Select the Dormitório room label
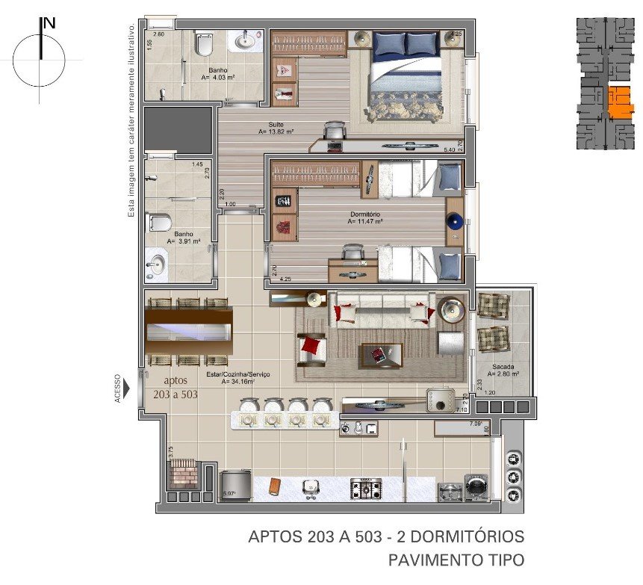coord(366,217)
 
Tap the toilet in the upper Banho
coord(203,45)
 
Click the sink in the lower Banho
coord(157,263)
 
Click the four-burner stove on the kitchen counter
coord(365,489)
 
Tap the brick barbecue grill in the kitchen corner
coord(183,474)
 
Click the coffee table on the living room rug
coord(381,354)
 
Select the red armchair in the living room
coord(312,347)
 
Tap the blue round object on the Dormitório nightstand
coord(454,221)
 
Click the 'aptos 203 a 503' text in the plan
coord(175,387)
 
